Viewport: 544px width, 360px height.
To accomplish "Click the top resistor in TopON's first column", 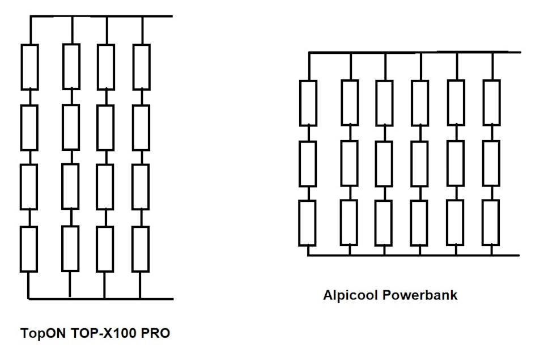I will point(29,67).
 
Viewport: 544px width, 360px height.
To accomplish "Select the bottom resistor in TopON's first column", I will point(29,248).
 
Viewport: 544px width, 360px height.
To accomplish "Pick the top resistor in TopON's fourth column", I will point(141,67).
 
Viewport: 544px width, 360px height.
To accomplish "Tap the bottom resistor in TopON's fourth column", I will point(141,248).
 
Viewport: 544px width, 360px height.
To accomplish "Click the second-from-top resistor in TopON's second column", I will point(70,127).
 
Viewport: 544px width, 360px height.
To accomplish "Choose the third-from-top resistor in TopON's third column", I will point(105,187).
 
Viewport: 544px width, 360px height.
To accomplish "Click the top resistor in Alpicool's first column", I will point(308,103).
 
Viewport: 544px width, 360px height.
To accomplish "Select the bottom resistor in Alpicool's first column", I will point(308,223).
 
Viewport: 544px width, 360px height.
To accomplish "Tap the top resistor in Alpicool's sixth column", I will point(491,103).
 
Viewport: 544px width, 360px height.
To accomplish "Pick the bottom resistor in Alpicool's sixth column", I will point(491,223).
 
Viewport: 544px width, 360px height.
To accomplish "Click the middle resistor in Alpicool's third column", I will point(384,163).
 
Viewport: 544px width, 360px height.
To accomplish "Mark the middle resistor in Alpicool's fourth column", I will point(420,163).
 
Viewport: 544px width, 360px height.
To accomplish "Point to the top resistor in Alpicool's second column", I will point(350,103).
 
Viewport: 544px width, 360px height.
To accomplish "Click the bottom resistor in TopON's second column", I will point(70,248).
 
